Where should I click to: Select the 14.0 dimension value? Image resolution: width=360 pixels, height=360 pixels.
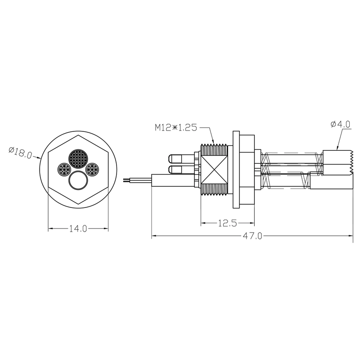point(78,229)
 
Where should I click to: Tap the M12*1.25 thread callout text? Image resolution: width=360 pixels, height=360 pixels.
point(176,128)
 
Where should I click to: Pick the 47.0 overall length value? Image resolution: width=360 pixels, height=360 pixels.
point(252,236)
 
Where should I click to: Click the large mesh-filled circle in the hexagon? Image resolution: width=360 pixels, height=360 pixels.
point(78,158)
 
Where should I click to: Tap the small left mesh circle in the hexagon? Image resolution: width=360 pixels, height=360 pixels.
point(63,169)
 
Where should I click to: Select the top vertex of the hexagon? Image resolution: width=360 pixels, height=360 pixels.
point(78,134)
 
